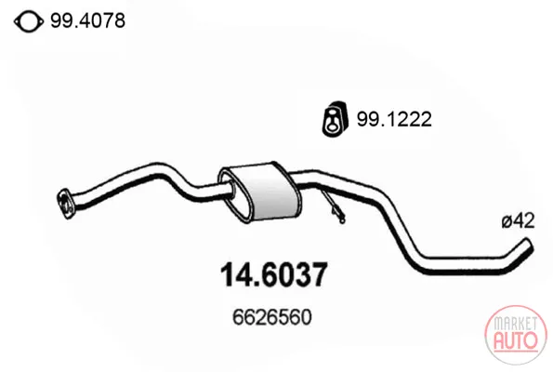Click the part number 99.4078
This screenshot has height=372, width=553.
[87, 20]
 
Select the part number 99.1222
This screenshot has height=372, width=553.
[394, 119]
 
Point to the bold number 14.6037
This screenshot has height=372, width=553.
[273, 274]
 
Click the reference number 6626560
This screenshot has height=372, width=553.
[272, 316]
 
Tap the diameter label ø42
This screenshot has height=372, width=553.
[518, 221]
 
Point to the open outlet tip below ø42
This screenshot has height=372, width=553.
[527, 244]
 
